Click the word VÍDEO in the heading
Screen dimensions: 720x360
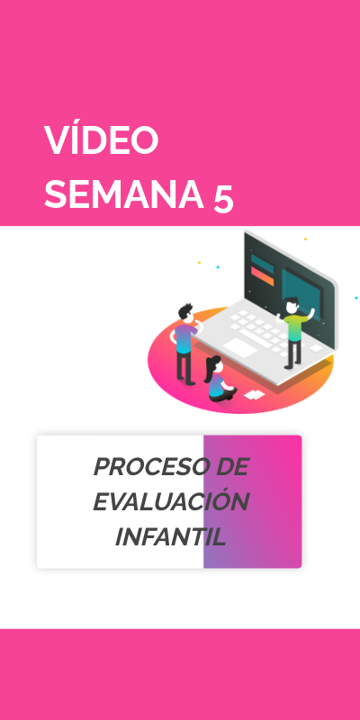pyautogui.click(x=102, y=140)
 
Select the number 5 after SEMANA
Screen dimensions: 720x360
pyautogui.click(x=224, y=197)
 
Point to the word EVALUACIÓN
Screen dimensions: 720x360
pyautogui.click(x=171, y=501)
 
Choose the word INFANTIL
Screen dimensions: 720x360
pyautogui.click(x=170, y=536)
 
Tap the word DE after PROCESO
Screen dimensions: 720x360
pyautogui.click(x=226, y=467)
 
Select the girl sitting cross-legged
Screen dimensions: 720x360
pyautogui.click(x=217, y=380)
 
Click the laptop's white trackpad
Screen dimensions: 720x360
pyautogui.click(x=243, y=346)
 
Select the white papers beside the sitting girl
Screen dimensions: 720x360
pyautogui.click(x=255, y=394)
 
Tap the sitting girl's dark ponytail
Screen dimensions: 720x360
pyautogui.click(x=209, y=364)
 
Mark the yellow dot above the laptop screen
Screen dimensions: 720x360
pyautogui.click(x=305, y=238)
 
